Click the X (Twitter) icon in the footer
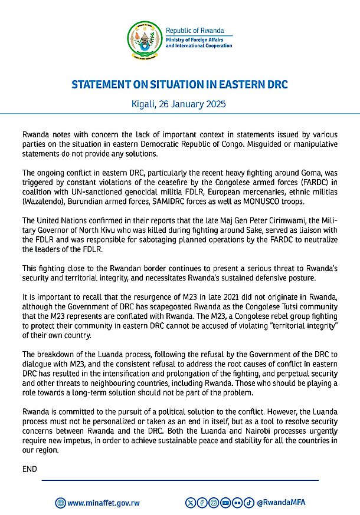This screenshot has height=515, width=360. tap(190, 503)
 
